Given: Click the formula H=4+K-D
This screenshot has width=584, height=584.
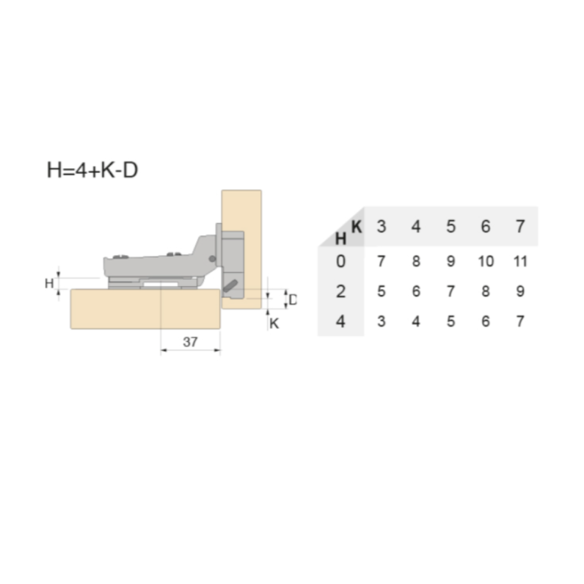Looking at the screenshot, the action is point(92,170).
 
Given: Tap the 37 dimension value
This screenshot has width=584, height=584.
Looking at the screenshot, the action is point(190,342).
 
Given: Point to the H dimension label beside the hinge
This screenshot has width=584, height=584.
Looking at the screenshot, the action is point(49,283).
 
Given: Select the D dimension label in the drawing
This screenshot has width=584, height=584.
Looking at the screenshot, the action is point(293,299).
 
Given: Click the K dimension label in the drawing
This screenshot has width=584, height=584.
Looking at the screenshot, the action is point(274,324).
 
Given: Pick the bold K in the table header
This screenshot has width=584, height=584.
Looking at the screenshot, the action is point(357,227).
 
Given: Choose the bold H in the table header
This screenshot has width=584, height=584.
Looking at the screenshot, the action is point(341,238).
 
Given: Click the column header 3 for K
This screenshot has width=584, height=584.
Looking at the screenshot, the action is point(381,227).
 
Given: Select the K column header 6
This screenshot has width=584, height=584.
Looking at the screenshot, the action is point(485,227).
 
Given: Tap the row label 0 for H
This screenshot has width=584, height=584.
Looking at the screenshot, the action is point(341,261).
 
